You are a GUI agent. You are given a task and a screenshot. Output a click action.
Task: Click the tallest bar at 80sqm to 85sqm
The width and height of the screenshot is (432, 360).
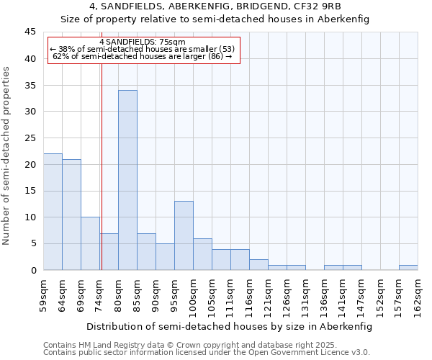(x=127, y=180)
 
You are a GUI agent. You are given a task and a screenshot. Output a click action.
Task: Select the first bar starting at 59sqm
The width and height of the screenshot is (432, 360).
(x=53, y=212)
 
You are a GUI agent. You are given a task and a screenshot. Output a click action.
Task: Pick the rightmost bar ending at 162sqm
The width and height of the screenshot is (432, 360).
(x=408, y=267)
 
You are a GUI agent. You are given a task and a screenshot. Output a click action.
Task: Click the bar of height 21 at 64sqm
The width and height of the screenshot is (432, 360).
(x=71, y=215)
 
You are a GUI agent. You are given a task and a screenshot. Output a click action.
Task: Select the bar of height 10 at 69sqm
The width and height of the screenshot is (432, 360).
(x=90, y=243)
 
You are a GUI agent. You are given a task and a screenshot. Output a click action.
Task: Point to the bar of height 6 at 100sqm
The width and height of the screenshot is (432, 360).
(x=202, y=254)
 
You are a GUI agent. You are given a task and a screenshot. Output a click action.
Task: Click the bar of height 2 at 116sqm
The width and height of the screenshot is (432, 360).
(x=258, y=264)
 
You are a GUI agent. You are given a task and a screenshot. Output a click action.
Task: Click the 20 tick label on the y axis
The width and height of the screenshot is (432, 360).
(x=31, y=164)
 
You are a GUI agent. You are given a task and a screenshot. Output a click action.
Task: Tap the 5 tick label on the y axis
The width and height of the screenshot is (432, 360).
(x=33, y=244)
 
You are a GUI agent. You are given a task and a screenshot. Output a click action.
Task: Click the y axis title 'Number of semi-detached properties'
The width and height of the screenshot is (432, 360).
(x=7, y=156)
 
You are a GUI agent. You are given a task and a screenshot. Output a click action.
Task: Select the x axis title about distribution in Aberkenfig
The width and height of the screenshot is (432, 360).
(x=230, y=326)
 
